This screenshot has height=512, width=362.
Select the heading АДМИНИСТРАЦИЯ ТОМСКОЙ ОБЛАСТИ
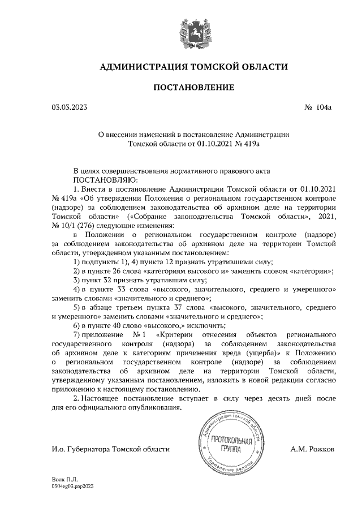[193, 67]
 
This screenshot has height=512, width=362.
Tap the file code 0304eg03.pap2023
[72, 486]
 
